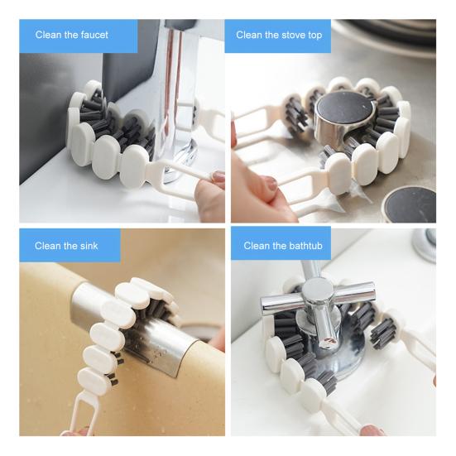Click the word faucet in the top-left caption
point(94,35)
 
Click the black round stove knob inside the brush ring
point(345,116)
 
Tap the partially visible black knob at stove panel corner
point(410,204)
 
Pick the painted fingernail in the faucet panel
point(218,176)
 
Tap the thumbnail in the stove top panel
point(271,184)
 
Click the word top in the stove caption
point(315,36)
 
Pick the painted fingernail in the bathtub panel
point(372,430)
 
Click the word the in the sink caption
point(70,246)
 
